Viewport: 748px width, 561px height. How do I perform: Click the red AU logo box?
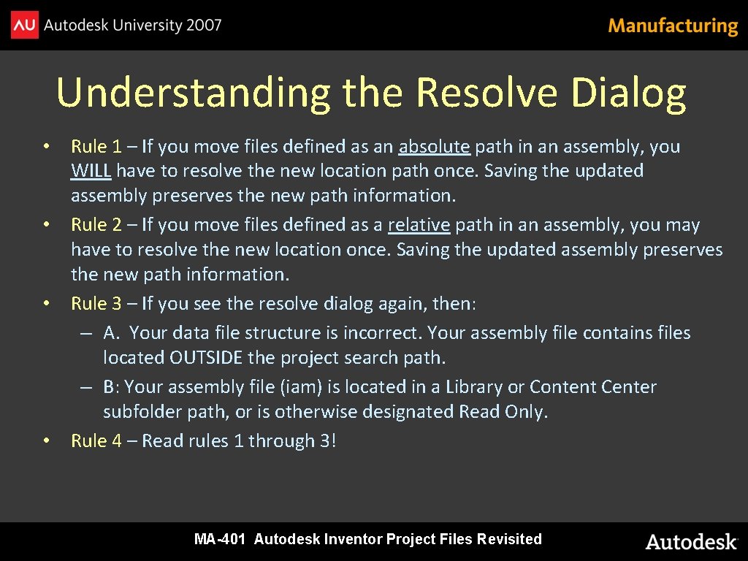[x=25, y=26]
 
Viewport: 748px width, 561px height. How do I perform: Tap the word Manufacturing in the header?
[x=673, y=26]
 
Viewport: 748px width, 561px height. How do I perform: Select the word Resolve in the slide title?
[x=488, y=93]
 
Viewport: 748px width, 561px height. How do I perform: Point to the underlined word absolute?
[x=434, y=147]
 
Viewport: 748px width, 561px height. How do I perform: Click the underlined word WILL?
[x=91, y=171]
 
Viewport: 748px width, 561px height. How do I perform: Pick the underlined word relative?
[x=419, y=225]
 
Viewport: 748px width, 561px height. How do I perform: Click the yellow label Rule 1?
[x=96, y=147]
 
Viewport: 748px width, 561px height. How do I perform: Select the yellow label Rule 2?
[x=96, y=225]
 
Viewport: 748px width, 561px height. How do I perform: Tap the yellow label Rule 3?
[x=96, y=303]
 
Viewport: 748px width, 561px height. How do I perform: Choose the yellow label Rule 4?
[x=96, y=441]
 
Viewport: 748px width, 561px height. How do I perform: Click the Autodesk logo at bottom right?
[x=691, y=541]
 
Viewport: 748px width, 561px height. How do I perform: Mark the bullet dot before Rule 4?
[x=45, y=441]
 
